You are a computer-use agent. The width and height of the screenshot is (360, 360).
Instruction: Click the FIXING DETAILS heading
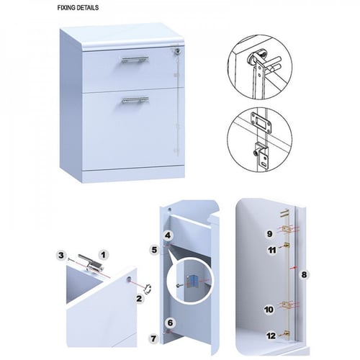click(78, 8)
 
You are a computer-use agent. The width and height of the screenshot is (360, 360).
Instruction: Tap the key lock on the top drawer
click(178, 51)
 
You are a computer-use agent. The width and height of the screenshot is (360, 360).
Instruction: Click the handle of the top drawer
click(135, 60)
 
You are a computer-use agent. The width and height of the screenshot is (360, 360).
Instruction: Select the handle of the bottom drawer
click(135, 100)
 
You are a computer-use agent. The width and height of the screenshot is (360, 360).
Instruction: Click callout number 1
click(103, 255)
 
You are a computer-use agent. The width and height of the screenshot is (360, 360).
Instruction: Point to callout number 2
click(139, 299)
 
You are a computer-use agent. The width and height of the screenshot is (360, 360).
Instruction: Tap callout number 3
click(61, 255)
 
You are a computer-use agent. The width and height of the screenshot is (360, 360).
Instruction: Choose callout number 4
click(168, 235)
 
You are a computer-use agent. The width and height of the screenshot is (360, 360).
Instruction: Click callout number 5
click(155, 250)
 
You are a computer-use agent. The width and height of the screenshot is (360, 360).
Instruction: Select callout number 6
click(170, 323)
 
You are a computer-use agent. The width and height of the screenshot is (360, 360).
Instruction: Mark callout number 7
click(153, 338)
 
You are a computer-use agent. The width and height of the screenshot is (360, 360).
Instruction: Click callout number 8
click(304, 274)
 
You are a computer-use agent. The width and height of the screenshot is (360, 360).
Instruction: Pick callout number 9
click(270, 233)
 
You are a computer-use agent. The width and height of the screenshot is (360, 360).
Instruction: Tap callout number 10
click(269, 310)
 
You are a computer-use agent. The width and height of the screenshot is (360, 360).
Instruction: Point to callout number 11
click(272, 251)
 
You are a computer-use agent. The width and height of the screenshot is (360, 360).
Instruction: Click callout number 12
click(271, 336)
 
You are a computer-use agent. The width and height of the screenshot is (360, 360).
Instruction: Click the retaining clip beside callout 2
click(148, 288)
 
